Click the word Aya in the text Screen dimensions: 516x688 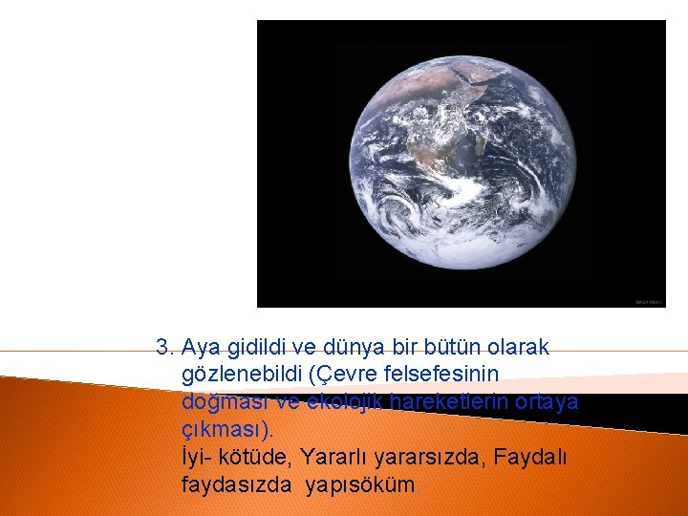tap(199, 345)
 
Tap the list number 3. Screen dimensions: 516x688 tap(165, 345)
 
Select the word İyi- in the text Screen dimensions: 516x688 tap(195, 458)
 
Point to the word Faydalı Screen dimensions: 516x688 tap(532, 458)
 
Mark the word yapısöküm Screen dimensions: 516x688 tap(361, 485)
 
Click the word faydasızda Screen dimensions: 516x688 tap(236, 485)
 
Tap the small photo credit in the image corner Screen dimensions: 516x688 tap(649, 302)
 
